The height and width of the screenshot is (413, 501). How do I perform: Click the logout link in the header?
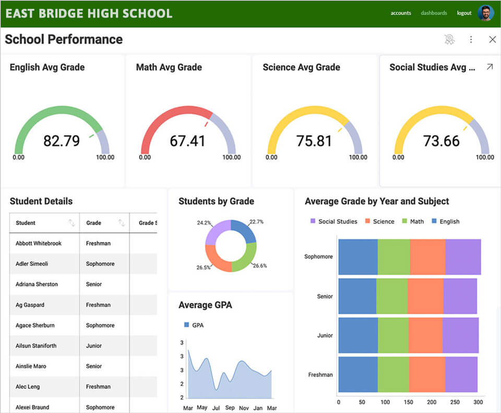[464, 13]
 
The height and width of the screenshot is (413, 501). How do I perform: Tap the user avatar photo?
[486, 13]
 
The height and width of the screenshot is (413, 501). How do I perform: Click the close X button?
[492, 40]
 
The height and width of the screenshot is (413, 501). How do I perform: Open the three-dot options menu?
[471, 40]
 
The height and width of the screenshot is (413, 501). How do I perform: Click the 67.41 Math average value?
[187, 141]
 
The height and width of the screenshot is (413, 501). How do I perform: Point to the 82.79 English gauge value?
[61, 141]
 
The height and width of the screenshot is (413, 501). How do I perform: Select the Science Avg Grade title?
[301, 67]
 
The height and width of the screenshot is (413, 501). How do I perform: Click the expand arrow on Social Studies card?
[490, 67]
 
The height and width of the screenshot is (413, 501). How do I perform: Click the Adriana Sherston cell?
[37, 284]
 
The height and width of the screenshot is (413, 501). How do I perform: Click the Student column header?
[26, 223]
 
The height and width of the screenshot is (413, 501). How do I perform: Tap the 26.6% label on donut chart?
[259, 265]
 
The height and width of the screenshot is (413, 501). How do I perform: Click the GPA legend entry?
[197, 325]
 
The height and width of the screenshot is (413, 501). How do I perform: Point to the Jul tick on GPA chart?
[216, 408]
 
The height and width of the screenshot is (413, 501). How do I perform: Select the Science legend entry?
[383, 222]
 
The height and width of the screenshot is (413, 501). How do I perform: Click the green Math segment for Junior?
[393, 335]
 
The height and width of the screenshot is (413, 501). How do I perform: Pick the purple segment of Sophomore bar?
[462, 257]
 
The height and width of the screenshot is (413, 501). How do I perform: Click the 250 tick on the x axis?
[455, 402]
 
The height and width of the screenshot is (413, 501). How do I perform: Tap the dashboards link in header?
[434, 13]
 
